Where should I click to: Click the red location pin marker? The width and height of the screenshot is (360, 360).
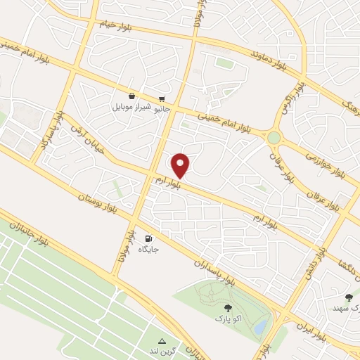point(181,165)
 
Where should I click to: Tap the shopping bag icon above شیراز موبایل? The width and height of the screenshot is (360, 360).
point(131,96)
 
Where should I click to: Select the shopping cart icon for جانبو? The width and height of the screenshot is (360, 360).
point(162,99)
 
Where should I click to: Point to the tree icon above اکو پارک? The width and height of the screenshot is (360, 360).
point(226,307)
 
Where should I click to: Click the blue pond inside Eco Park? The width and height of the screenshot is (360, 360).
point(259,326)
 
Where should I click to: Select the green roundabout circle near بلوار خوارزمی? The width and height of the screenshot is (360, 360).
point(274,137)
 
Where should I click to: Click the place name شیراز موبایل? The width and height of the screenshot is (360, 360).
point(131,109)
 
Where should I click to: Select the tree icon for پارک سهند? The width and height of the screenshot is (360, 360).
point(349,297)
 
